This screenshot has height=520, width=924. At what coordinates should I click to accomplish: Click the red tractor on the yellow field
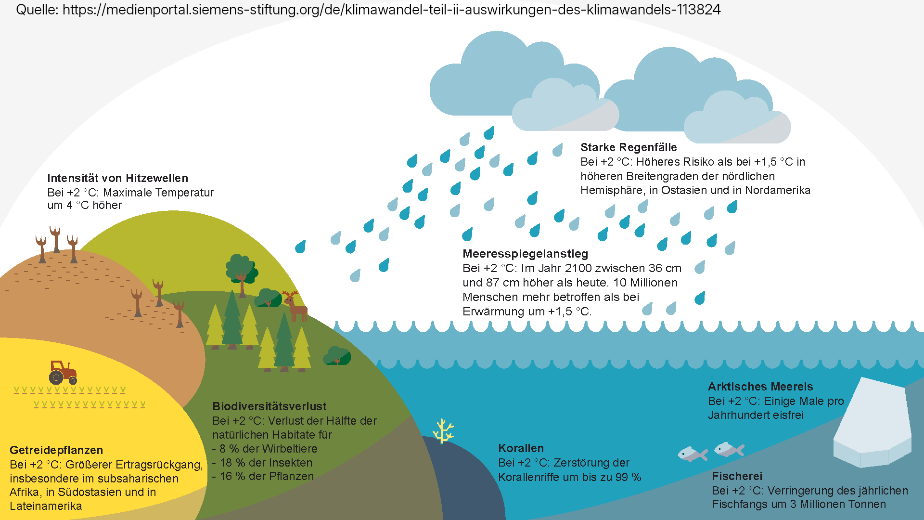tap(63, 372)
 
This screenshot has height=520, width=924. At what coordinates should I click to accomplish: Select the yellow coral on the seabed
tap(443, 431)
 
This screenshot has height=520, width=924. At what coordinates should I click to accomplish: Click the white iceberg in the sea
tap(872, 424)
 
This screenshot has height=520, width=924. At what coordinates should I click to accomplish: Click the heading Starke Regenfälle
tap(629, 147)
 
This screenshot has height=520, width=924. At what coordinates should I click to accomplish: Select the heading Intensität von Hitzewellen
tap(117, 178)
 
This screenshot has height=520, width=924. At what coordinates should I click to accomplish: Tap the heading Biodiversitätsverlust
tap(269, 406)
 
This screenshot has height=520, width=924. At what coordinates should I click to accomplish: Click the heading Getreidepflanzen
tap(56, 450)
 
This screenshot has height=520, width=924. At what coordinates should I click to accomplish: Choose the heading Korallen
tap(521, 448)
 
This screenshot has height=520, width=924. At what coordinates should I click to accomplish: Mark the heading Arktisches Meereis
tap(760, 387)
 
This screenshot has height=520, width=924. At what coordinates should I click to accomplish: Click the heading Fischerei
tap(737, 476)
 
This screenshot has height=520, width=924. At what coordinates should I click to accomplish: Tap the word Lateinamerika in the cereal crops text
tap(46, 506)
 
